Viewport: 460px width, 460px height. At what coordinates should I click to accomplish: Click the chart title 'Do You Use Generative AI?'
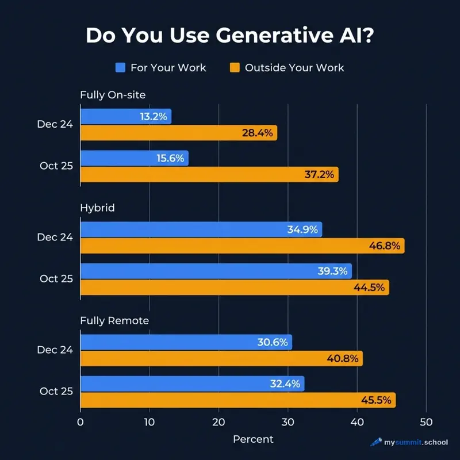pos(230,36)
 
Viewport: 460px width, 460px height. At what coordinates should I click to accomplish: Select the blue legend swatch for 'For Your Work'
pos(120,67)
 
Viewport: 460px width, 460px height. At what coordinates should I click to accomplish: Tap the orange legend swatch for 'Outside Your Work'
pos(234,67)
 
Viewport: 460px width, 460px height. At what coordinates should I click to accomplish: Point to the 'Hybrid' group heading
pos(97,208)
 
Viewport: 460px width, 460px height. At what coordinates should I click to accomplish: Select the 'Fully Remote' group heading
pos(114,320)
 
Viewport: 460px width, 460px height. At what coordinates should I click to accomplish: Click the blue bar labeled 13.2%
pos(125,117)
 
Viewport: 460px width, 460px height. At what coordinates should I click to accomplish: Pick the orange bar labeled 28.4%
pos(178,133)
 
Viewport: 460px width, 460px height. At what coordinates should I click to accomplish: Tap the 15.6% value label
pos(170,158)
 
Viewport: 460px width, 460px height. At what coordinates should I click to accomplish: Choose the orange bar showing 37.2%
pos(209,175)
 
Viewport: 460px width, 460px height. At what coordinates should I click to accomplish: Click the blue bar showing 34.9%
pos(201,229)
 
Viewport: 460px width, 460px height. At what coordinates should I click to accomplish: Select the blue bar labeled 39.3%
pos(216,271)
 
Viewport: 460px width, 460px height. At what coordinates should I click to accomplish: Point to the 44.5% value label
pos(369,287)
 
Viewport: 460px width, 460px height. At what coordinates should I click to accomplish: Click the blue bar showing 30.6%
pos(186,342)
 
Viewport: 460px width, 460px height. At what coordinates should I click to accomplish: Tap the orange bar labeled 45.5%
pos(237,400)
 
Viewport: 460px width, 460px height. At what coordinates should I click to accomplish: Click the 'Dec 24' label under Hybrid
pos(55,237)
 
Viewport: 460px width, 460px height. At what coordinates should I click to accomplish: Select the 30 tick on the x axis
pos(288,421)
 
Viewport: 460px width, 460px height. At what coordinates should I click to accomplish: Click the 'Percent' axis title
pos(253,439)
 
